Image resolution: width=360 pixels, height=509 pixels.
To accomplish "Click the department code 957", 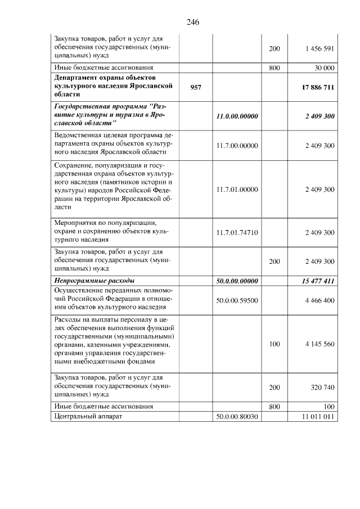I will pos(196,87).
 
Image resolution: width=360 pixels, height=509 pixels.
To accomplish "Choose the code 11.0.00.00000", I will pos(237,116).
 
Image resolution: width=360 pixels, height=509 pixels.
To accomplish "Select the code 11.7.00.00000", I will pos(237,146).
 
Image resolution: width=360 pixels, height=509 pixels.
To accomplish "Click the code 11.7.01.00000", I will pos(237,190).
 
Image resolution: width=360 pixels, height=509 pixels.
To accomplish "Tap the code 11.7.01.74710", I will pos(237,232).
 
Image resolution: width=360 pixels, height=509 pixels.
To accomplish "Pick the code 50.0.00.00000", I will pos(237,280).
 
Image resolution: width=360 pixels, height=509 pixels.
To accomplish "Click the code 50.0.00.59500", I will pos(237,300).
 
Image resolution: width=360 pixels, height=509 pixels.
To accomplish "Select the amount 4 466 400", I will pos(320,300).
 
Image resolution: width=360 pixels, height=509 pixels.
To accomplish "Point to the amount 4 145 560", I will pos(320,344).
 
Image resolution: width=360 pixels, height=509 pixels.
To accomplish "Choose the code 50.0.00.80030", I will pos(237,417).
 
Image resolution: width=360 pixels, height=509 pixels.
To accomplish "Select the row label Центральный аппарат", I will pos(87,417).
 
